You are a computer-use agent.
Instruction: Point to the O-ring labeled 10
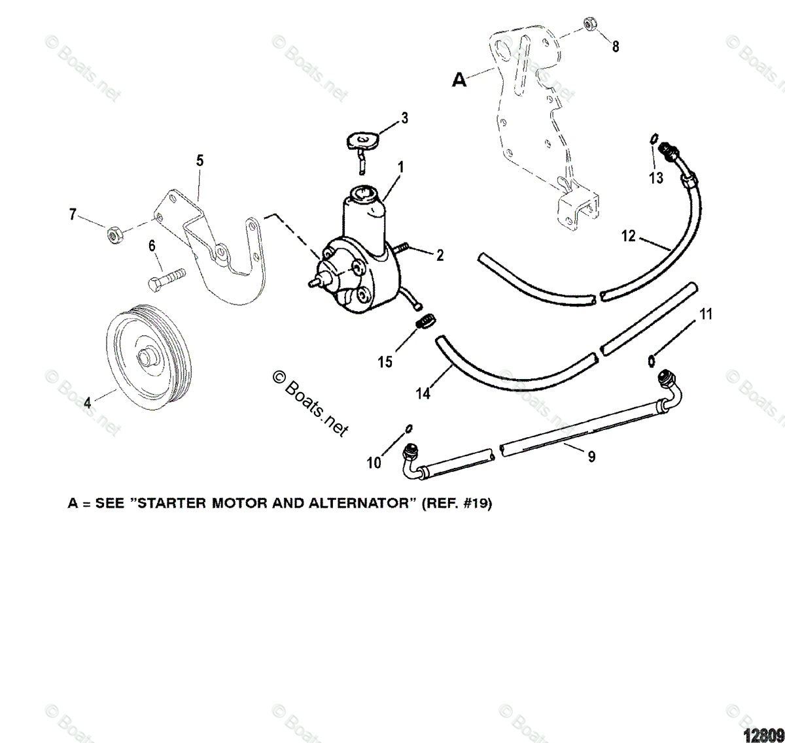pyautogui.click(x=408, y=428)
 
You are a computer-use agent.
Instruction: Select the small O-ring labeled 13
pyautogui.click(x=654, y=139)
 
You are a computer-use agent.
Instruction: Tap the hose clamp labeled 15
pyautogui.click(x=426, y=322)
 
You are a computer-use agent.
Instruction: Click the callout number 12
pyautogui.click(x=628, y=236)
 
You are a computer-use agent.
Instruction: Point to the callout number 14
pyautogui.click(x=424, y=394)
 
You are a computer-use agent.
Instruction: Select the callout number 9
pyautogui.click(x=591, y=457)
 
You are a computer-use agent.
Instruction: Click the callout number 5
pyautogui.click(x=200, y=161)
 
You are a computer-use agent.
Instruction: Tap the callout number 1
pyautogui.click(x=400, y=167)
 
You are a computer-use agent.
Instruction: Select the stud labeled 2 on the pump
pyautogui.click(x=403, y=247)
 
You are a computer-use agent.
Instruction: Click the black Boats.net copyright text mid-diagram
pyautogui.click(x=311, y=401)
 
